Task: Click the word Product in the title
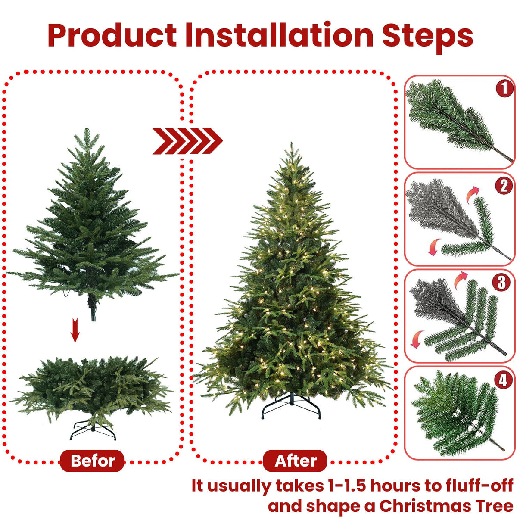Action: pos(112,35)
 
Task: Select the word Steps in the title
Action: pos(427,35)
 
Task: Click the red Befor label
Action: pos(92,461)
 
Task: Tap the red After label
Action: pos(295,461)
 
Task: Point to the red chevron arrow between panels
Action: pos(187,141)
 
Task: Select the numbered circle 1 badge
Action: pos(504,88)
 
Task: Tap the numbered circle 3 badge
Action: pos(502,283)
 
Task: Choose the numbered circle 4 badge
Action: pos(503,380)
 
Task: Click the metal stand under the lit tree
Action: pos(291,407)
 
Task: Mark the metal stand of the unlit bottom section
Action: pos(93,430)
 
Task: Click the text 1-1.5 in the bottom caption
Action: pos(347,486)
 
